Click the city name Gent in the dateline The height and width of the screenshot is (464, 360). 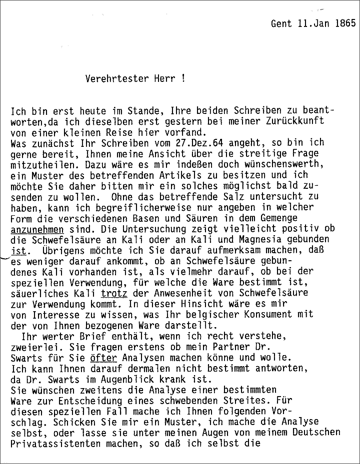280,23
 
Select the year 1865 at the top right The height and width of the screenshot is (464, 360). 345,23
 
